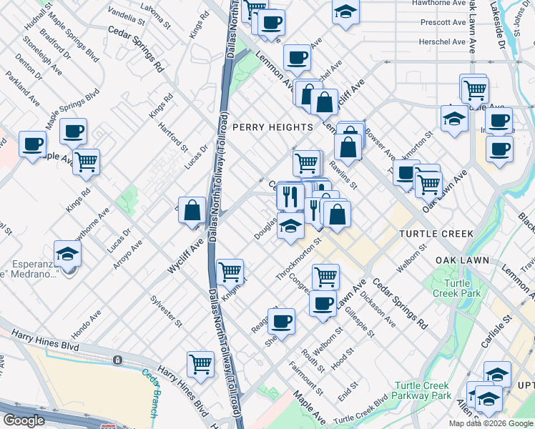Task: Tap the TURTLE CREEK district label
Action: (x=436, y=234)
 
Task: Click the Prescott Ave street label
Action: (x=444, y=22)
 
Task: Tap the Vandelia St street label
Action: (x=127, y=12)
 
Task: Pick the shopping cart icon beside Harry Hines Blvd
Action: (x=200, y=363)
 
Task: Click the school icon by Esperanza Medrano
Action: (x=67, y=254)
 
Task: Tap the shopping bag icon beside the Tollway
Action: (x=192, y=211)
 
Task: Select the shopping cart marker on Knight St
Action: (x=230, y=272)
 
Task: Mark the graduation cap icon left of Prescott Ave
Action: (x=345, y=12)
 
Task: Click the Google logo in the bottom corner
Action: (x=24, y=420)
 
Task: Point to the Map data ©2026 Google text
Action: (x=491, y=423)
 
